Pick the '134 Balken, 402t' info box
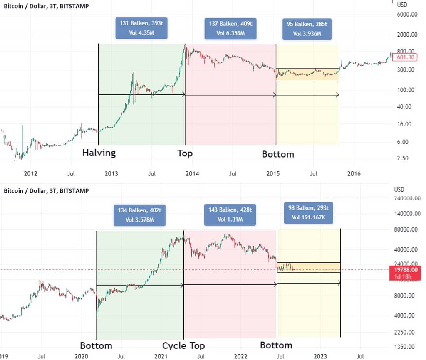point(139,215)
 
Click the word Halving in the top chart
point(99,153)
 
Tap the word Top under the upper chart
point(185,153)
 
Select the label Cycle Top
point(183,345)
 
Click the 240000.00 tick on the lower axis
point(409,199)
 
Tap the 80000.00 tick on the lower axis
point(407,229)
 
